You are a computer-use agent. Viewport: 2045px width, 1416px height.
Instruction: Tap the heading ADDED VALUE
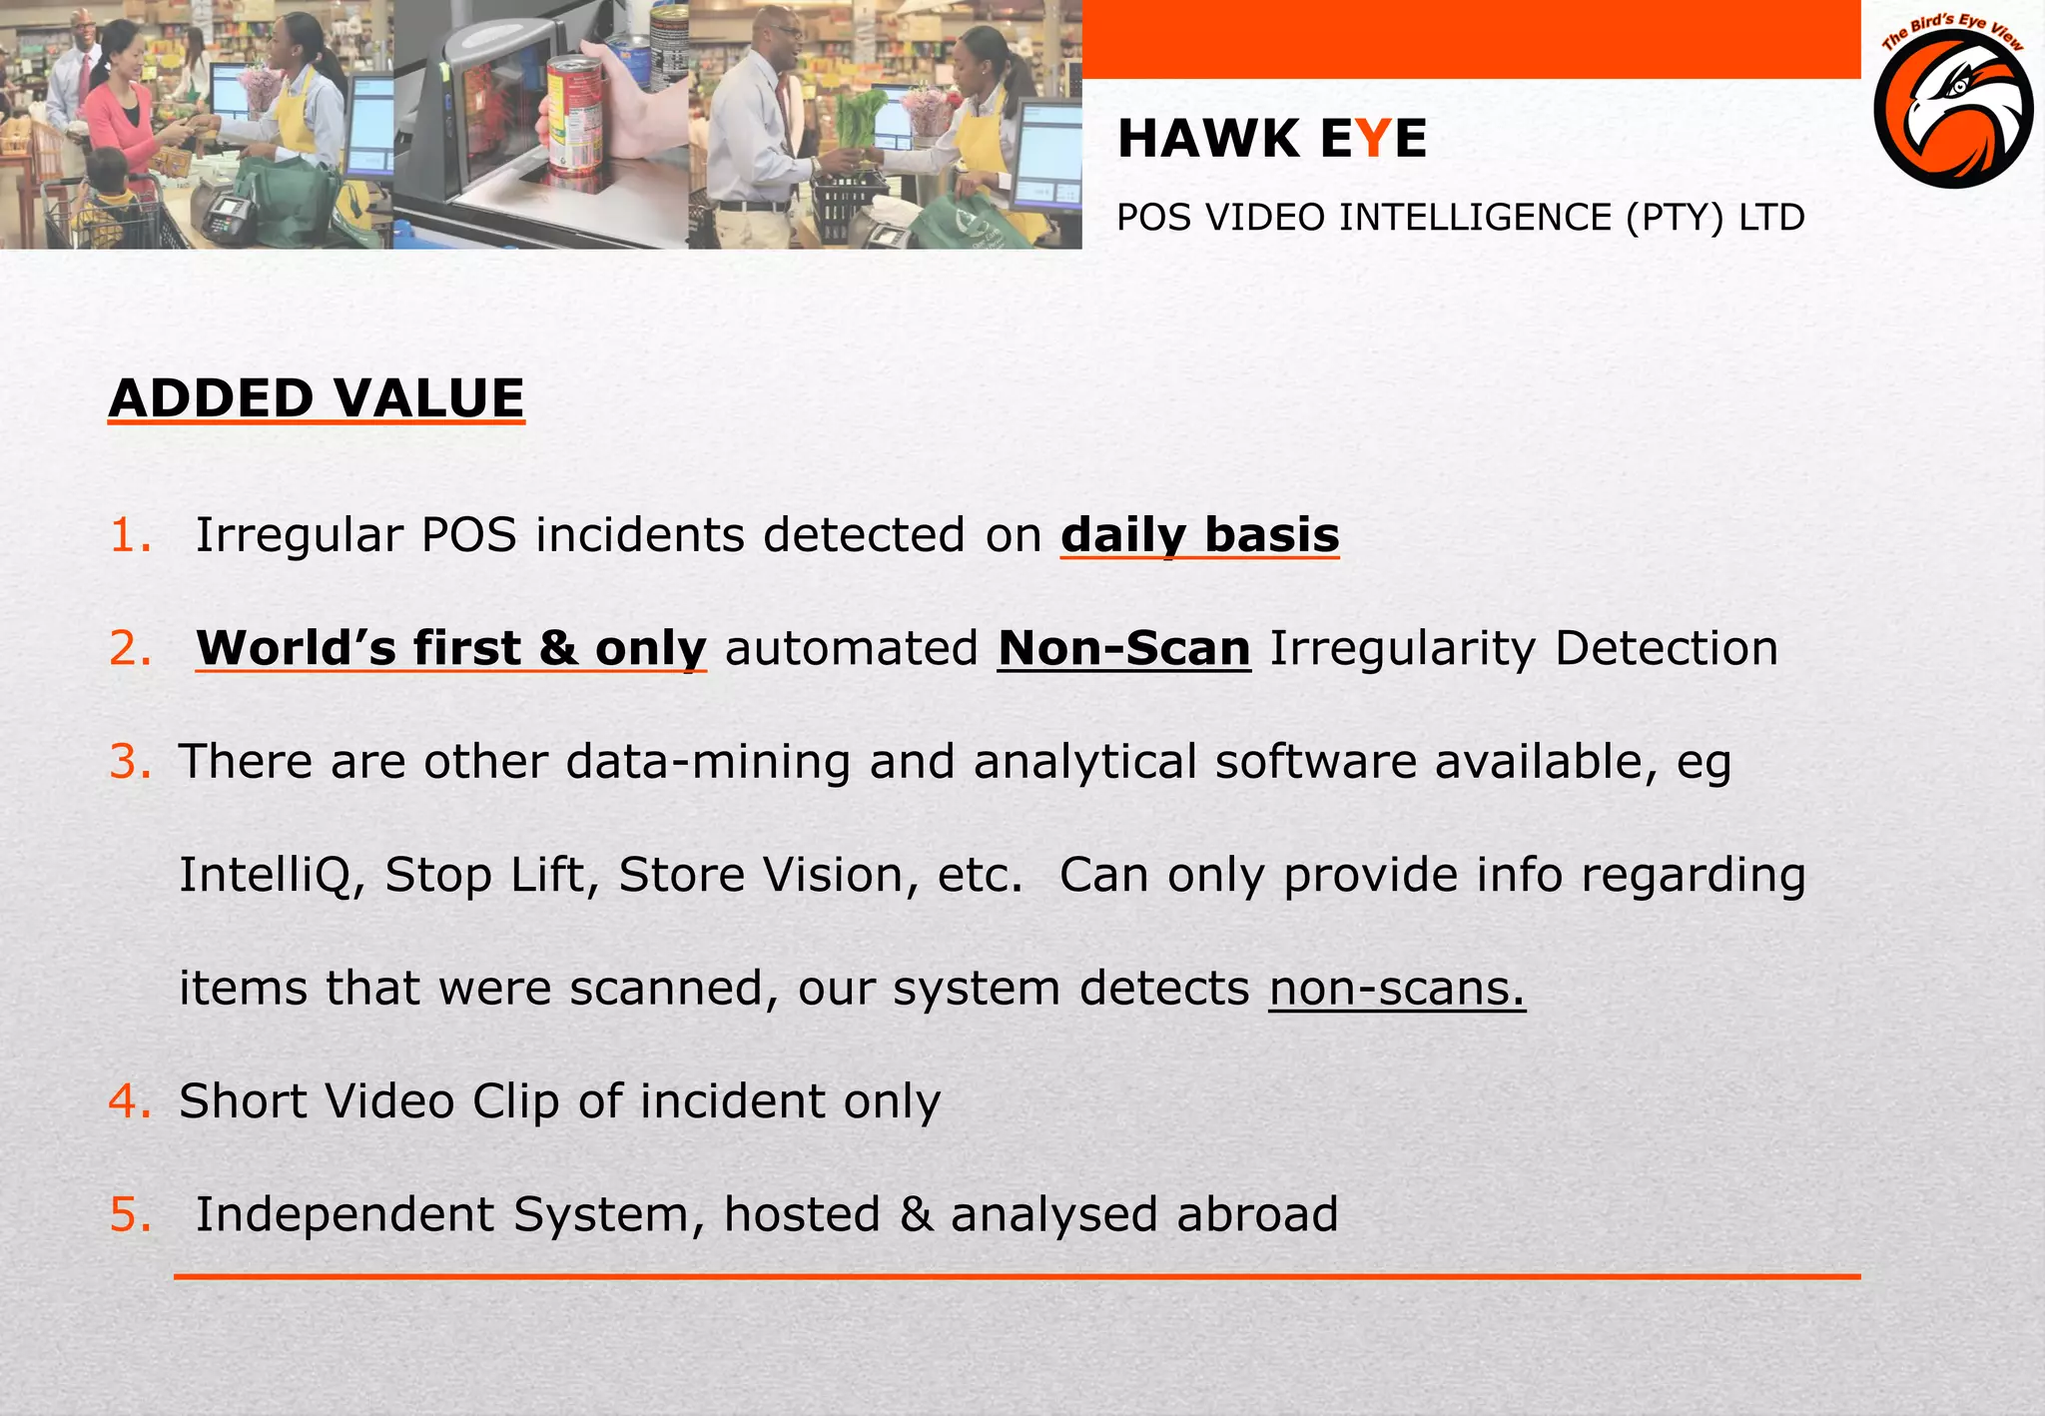317,398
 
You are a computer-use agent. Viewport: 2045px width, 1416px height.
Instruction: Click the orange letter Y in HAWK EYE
1374,139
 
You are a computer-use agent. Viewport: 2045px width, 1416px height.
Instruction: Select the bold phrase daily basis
1199,535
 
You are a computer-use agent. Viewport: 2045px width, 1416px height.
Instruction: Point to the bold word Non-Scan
1123,648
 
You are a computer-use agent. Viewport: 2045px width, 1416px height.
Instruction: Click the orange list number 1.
129,535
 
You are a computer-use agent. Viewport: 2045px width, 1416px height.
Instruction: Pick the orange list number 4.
130,1101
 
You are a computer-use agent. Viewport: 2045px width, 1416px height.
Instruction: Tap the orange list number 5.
130,1214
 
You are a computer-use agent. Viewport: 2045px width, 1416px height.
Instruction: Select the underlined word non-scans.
1397,989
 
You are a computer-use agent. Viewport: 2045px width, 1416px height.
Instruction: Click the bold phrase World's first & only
451,648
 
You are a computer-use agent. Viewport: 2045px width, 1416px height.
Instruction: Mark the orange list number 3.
130,762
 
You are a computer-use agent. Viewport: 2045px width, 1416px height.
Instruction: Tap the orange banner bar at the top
1470,40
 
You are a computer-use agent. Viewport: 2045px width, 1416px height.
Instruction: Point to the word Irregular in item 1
299,535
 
